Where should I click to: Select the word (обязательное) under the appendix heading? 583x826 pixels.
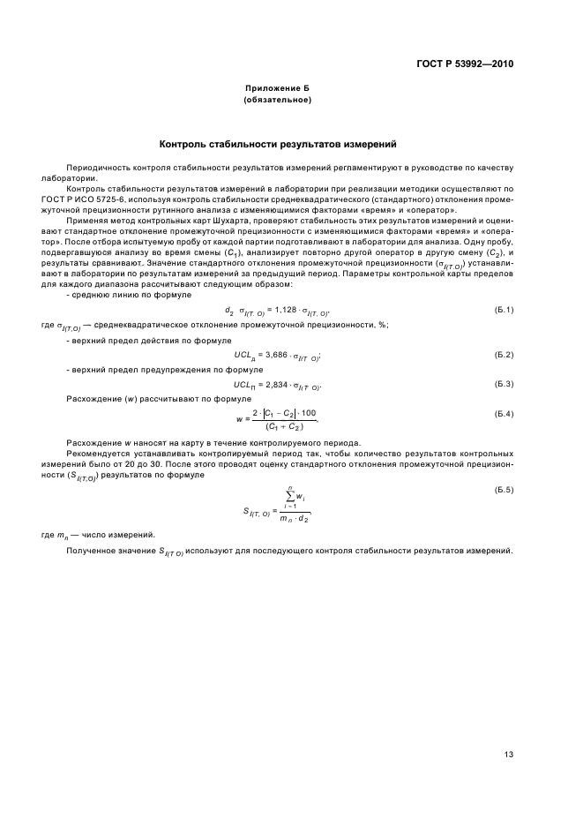click(277, 101)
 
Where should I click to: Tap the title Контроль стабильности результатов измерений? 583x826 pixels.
click(277, 143)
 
